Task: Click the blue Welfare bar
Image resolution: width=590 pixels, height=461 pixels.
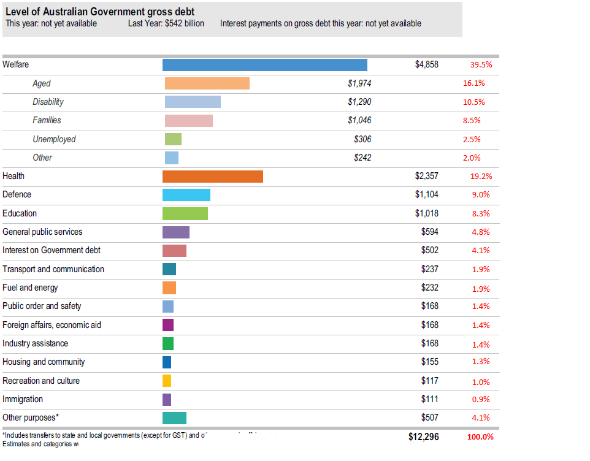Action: click(x=264, y=65)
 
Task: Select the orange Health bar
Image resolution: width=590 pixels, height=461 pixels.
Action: click(x=212, y=177)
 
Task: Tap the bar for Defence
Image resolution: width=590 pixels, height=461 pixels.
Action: click(x=186, y=195)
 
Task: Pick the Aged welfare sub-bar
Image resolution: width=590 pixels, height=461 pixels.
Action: click(x=207, y=83)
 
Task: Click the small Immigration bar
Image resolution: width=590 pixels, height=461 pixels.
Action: click(x=166, y=400)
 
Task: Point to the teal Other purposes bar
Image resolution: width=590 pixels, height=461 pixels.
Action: click(x=174, y=418)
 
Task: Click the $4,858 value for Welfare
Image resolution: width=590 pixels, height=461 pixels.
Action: click(x=426, y=64)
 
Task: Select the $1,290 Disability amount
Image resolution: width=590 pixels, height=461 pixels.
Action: click(x=359, y=102)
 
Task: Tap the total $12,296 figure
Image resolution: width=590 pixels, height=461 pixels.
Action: click(x=423, y=437)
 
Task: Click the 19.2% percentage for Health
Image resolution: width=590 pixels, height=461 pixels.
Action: click(x=481, y=177)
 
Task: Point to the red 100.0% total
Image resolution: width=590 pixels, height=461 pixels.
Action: click(x=480, y=437)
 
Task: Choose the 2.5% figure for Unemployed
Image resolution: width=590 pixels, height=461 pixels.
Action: click(x=471, y=140)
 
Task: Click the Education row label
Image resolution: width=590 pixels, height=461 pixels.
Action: click(x=20, y=213)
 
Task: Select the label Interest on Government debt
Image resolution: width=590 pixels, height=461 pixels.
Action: click(x=52, y=250)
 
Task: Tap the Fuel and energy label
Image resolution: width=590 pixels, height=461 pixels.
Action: click(x=30, y=288)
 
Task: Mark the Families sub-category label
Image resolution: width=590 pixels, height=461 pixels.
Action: click(x=47, y=120)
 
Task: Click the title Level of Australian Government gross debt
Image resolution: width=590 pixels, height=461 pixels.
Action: click(x=101, y=12)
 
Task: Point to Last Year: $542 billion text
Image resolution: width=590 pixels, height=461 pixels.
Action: click(x=166, y=24)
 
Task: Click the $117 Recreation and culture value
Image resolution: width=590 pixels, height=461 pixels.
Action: click(x=429, y=381)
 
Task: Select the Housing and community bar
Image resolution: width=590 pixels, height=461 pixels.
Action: click(x=166, y=362)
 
